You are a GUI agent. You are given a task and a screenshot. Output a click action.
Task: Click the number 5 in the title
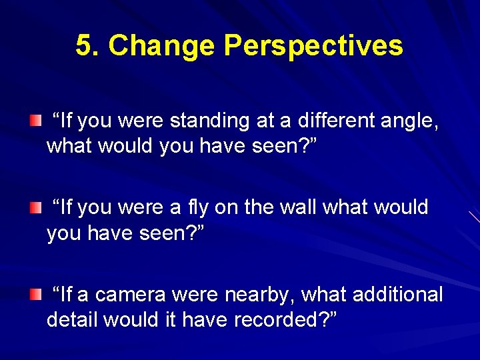click(x=83, y=46)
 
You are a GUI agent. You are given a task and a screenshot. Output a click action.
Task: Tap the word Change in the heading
click(x=162, y=46)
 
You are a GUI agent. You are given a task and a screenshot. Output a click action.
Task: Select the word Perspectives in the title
click(x=313, y=46)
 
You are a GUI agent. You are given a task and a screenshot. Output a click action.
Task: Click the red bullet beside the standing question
click(x=35, y=121)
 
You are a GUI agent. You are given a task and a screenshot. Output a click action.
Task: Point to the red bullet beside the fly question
click(x=35, y=208)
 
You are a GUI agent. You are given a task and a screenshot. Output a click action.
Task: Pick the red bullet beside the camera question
click(x=35, y=295)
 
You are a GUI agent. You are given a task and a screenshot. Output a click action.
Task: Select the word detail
click(x=73, y=319)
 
